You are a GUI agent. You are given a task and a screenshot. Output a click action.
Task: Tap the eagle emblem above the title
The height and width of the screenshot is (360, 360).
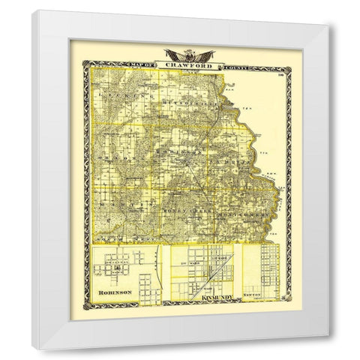pos(184,54)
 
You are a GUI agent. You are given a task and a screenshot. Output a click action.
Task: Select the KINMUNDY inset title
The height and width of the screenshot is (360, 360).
pos(217,299)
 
